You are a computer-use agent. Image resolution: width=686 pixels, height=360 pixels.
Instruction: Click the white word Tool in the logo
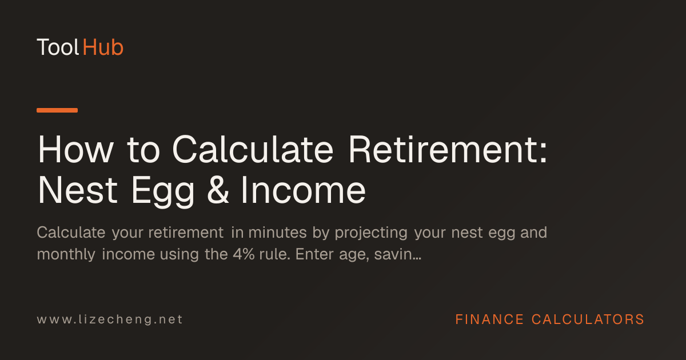(x=58, y=47)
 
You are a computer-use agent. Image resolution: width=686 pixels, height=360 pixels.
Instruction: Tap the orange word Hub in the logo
(x=103, y=47)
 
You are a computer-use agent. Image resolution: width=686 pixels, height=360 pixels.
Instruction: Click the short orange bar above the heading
(x=57, y=110)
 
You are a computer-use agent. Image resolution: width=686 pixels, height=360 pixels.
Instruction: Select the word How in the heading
(x=75, y=150)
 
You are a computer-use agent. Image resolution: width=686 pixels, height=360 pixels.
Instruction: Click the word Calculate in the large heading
(x=253, y=150)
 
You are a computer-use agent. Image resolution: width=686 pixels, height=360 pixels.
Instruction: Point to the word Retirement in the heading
(x=448, y=150)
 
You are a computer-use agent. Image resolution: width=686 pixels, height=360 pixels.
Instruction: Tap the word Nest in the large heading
(x=78, y=190)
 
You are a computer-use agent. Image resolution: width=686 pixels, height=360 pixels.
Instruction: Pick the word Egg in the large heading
(x=163, y=192)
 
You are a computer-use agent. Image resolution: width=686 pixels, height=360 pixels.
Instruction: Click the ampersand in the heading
(x=218, y=190)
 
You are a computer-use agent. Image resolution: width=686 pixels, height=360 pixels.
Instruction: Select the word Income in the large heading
(x=304, y=190)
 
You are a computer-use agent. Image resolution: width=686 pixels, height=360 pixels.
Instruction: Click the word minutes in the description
(x=277, y=233)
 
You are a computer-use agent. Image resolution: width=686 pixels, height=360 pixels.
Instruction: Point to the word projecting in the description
(x=371, y=234)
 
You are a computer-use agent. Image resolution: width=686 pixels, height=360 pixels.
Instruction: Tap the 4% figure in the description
(x=244, y=254)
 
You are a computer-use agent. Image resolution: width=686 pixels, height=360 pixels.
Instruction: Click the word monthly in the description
(x=66, y=255)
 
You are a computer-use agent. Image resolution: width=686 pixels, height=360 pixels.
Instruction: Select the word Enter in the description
(x=314, y=254)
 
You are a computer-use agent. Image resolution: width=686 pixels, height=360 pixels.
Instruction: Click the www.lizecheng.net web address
(x=110, y=319)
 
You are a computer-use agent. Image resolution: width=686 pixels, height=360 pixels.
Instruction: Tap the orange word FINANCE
(x=489, y=319)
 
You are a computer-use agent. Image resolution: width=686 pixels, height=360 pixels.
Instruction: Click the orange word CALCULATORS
(x=588, y=319)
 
